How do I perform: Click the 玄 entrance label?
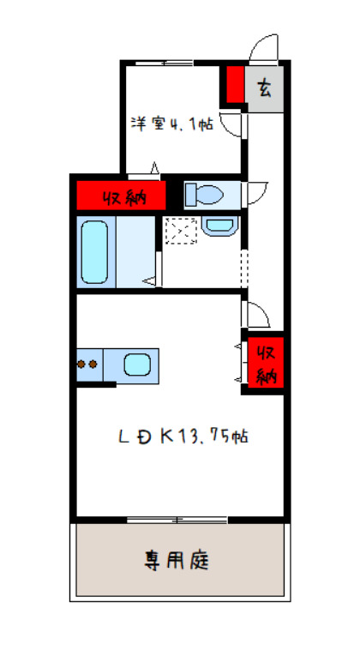pyautogui.click(x=265, y=87)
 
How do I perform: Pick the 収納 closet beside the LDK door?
pyautogui.click(x=264, y=361)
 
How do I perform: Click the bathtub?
pyautogui.click(x=95, y=251)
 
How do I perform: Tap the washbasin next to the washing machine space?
pyautogui.click(x=220, y=226)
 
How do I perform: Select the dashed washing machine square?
pyautogui.click(x=181, y=232)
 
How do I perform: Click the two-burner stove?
pyautogui.click(x=87, y=364)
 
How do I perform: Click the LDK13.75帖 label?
pyautogui.click(x=183, y=436)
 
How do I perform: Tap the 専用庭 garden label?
pyautogui.click(x=177, y=563)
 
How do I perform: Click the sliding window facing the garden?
pyautogui.click(x=177, y=518)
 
